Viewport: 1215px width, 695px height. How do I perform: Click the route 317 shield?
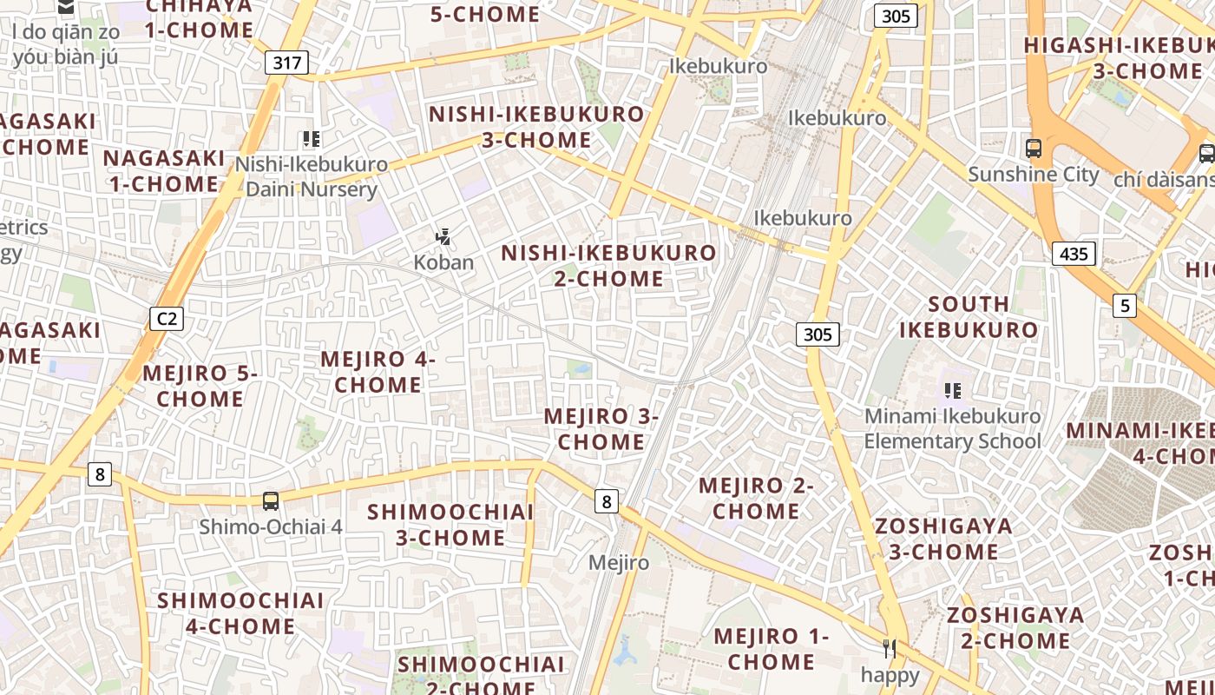click(x=286, y=62)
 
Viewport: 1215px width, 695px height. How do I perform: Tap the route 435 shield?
click(x=1074, y=254)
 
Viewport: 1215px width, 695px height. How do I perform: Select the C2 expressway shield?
click(x=167, y=319)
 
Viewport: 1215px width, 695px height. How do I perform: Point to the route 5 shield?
click(x=1126, y=305)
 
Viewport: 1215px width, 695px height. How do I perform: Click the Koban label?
click(x=443, y=262)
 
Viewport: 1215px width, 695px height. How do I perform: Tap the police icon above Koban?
click(x=443, y=236)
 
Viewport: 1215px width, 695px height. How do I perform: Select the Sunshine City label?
click(x=1034, y=174)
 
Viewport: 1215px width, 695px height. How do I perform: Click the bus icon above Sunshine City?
click(x=1034, y=148)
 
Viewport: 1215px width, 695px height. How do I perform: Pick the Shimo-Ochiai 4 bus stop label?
click(x=271, y=526)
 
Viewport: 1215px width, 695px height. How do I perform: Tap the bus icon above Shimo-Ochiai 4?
click(x=271, y=500)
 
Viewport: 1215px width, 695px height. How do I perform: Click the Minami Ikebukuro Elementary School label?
click(x=952, y=428)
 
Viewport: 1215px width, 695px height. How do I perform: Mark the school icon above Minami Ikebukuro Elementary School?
click(x=953, y=391)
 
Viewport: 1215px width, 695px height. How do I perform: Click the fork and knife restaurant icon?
click(x=890, y=648)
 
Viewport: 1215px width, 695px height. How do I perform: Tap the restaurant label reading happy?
click(x=890, y=674)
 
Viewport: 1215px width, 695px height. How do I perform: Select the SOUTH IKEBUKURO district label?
click(x=969, y=317)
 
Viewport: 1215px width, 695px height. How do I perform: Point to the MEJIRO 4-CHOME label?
click(x=378, y=372)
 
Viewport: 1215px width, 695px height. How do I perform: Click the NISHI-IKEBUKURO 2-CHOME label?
click(x=609, y=266)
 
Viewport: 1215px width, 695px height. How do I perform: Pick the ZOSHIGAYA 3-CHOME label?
click(x=943, y=539)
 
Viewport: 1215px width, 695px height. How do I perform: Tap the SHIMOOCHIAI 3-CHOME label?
click(x=450, y=525)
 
